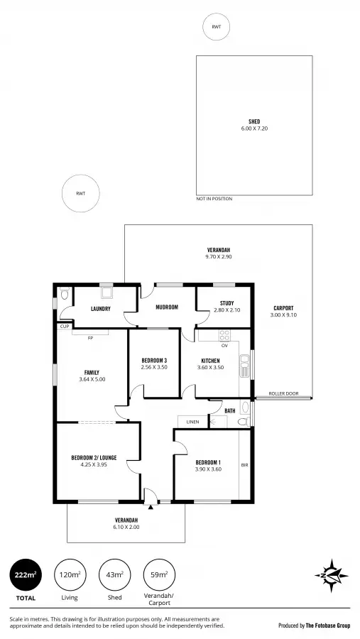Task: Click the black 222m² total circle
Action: tap(25, 575)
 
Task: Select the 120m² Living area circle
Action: tap(70, 575)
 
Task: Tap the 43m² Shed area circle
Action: tap(114, 575)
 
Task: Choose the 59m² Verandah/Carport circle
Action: tap(159, 575)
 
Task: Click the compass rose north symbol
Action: tap(330, 576)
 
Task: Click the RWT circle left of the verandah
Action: tap(80, 194)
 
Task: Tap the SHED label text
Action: tap(253, 121)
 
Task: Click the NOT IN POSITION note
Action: tap(214, 199)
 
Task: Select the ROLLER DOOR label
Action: tap(283, 394)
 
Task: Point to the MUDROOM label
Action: tap(167, 307)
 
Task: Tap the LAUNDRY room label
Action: tap(100, 309)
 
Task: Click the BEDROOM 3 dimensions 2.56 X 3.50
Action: tap(154, 367)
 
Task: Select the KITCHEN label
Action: tap(209, 360)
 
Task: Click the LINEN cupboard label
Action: tap(192, 422)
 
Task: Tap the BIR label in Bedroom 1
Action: tap(244, 464)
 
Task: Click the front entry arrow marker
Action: tap(151, 508)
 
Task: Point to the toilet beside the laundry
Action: tap(65, 294)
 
